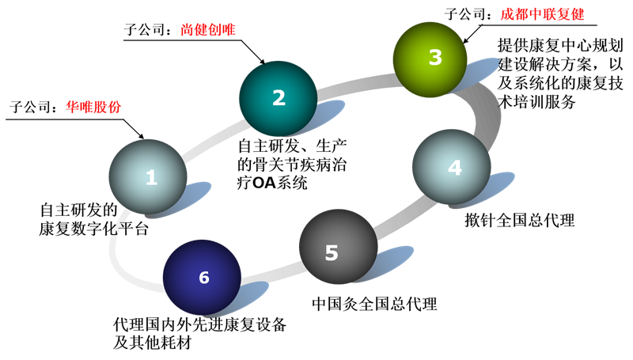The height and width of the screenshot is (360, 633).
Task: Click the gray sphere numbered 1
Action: point(148,176)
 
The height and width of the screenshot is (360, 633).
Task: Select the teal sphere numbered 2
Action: point(279,98)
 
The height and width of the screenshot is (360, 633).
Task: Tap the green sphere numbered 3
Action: point(430,59)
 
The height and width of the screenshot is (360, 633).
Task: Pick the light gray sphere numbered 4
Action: point(451,167)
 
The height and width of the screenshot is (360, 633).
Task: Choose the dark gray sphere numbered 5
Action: point(339,246)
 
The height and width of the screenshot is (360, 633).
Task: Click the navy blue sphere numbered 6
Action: point(203,278)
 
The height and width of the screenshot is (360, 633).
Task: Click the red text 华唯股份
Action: point(93,107)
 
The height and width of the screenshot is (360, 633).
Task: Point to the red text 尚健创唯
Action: point(207,29)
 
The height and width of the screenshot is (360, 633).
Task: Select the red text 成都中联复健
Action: point(542,14)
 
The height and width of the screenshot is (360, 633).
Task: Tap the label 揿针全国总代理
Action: point(520,221)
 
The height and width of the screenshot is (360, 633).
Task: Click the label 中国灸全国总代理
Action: point(374,304)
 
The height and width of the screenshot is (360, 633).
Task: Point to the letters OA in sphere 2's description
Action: point(264,184)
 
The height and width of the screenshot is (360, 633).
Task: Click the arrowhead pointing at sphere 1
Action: point(141,136)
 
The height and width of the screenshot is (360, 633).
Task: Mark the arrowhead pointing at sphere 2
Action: point(262,62)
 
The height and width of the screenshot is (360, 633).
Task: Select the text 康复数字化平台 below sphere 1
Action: point(93,229)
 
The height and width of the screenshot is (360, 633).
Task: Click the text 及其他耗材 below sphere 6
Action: point(152,343)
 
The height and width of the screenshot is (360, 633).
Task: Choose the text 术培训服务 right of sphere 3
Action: point(536,102)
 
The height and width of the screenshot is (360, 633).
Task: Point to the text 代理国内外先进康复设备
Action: point(200,324)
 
